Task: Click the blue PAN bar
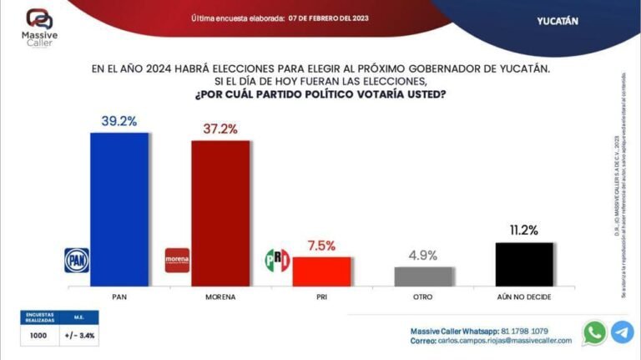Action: [119, 210]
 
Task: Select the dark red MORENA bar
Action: [220, 214]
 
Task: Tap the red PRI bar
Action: [321, 271]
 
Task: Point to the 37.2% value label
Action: [220, 129]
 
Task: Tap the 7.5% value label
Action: [320, 246]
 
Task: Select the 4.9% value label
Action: [422, 256]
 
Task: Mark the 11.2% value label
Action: [524, 231]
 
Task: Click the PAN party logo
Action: [77, 261]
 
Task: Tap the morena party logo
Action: [178, 261]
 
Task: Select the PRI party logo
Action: [277, 261]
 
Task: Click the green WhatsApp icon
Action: [594, 332]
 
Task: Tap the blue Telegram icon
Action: [623, 332]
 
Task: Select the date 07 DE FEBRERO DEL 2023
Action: [328, 18]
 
